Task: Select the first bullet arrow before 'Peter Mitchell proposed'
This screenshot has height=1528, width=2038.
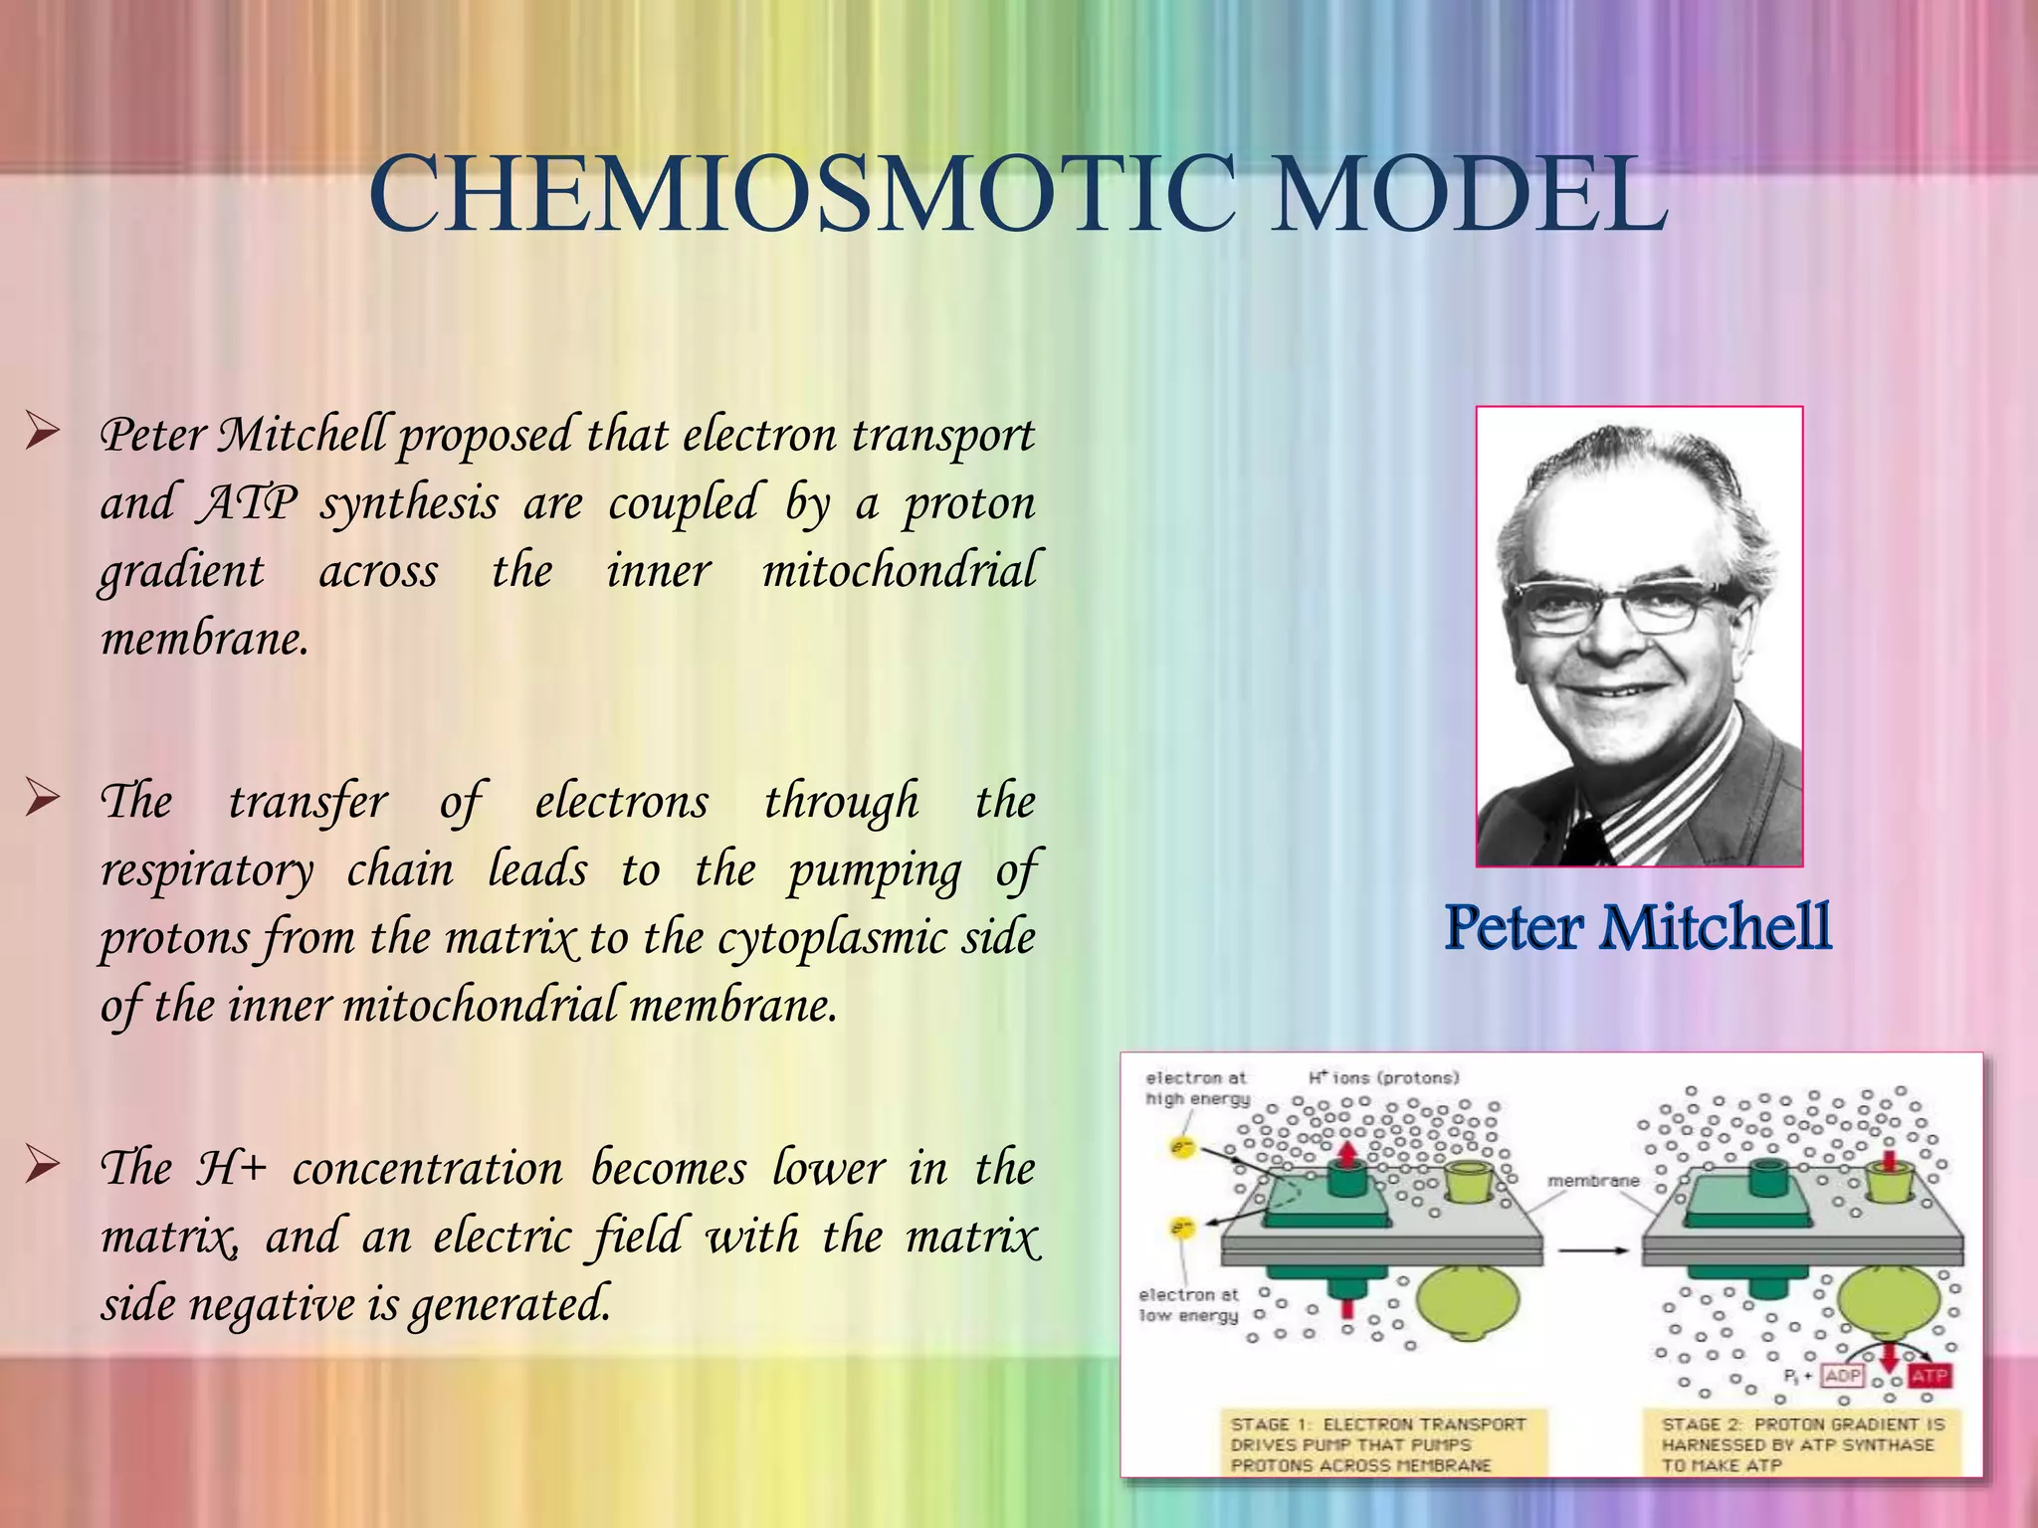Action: (43, 432)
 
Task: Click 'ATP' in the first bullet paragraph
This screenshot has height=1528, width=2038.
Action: (248, 502)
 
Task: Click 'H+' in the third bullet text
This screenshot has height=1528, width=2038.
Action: (230, 1168)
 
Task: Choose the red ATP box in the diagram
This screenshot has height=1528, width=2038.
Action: (1929, 1377)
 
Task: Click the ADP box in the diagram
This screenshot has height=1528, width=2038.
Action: (1842, 1377)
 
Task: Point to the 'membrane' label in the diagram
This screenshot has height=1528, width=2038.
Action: (1593, 1181)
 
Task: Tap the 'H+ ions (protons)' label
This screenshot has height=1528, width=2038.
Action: (1383, 1078)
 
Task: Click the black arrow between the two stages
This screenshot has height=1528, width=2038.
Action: (1591, 1251)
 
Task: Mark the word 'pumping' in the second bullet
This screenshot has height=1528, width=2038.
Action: (875, 871)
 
